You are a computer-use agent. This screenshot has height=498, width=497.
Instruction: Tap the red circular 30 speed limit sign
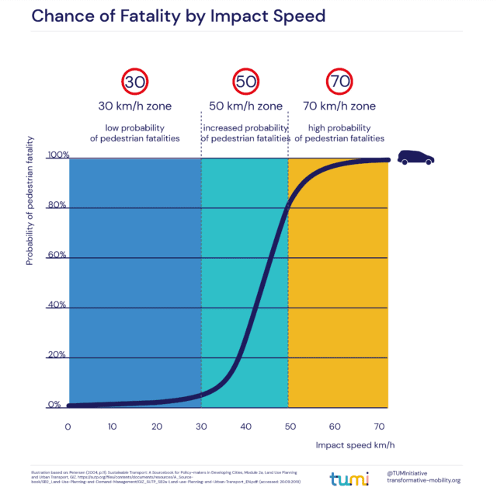135,81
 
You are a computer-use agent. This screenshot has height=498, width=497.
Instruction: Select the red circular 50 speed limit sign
245,81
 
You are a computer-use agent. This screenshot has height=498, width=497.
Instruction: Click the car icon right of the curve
415,158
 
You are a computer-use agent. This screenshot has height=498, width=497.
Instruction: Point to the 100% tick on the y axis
57,155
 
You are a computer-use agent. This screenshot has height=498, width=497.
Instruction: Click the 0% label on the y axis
54,405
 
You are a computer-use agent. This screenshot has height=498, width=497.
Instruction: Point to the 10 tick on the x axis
113,427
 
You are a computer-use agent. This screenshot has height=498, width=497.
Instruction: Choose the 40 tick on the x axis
246,427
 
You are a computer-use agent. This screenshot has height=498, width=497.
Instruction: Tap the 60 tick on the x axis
335,427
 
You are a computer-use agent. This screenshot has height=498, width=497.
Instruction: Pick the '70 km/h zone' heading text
339,106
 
